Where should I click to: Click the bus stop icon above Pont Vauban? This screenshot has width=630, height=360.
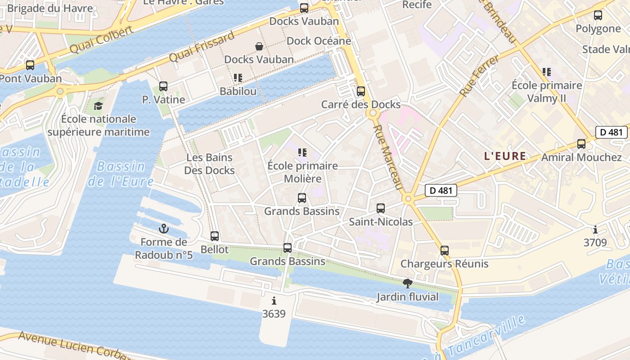(30, 65)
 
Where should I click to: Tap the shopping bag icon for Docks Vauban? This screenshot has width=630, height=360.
(259, 46)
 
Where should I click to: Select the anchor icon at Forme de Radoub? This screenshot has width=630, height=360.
(164, 229)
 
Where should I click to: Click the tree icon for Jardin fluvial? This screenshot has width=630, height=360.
(408, 283)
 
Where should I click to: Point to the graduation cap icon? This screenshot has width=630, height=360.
(98, 106)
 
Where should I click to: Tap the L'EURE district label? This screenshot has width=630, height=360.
(505, 156)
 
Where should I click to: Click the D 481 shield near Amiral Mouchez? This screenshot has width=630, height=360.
(611, 132)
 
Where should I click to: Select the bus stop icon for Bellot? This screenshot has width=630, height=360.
(215, 236)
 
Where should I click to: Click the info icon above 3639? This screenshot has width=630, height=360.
(274, 301)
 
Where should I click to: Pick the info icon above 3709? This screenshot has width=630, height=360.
(595, 230)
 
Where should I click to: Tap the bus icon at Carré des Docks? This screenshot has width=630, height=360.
(361, 91)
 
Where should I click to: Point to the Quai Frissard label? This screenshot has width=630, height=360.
(202, 47)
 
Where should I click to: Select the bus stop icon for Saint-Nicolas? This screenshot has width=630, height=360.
(381, 208)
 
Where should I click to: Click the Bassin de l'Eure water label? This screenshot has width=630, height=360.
(121, 174)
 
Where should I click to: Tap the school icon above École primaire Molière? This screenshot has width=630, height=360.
(302, 153)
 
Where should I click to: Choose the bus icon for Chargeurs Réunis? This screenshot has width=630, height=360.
(445, 251)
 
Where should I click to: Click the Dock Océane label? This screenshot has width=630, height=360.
(319, 41)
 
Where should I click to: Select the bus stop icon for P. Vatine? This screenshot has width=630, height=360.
(163, 86)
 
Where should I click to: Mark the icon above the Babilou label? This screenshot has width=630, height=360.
(238, 78)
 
